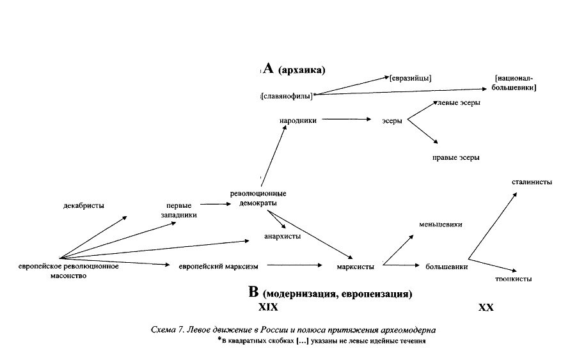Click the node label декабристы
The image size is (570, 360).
tap(84, 205)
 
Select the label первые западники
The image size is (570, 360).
tap(179, 210)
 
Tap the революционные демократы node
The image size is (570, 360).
tap(258, 198)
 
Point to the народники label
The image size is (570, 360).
tap(298, 120)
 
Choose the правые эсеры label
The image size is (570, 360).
tap(455, 157)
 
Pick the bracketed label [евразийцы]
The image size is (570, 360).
tap(410, 78)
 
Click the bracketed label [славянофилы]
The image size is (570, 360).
tap(287, 96)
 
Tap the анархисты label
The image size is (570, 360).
tap(282, 235)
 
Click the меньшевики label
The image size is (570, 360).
tap(440, 224)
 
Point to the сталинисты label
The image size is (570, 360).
tap(532, 182)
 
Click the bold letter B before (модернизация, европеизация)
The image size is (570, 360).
tap(253, 292)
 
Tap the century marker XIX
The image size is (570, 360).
tap(268, 307)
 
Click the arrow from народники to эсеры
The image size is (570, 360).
tap(346, 119)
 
